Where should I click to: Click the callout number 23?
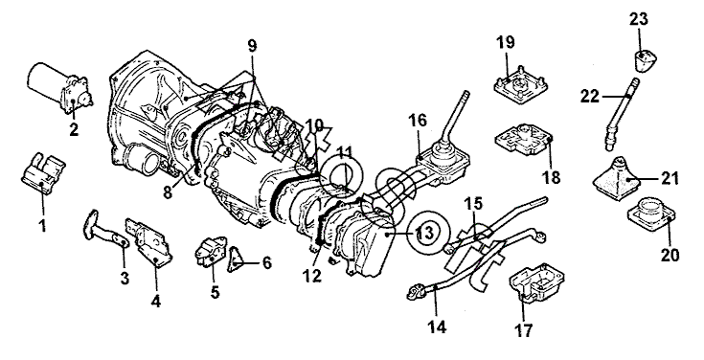639,19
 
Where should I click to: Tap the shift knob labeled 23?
645,61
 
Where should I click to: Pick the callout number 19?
505,43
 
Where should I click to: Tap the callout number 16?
418,121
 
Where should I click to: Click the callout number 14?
437,326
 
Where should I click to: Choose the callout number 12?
312,276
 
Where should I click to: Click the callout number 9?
252,45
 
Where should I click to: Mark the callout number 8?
168,192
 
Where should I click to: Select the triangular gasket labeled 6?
236,260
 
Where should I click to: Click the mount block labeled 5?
210,252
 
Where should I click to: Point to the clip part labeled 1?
43,174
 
